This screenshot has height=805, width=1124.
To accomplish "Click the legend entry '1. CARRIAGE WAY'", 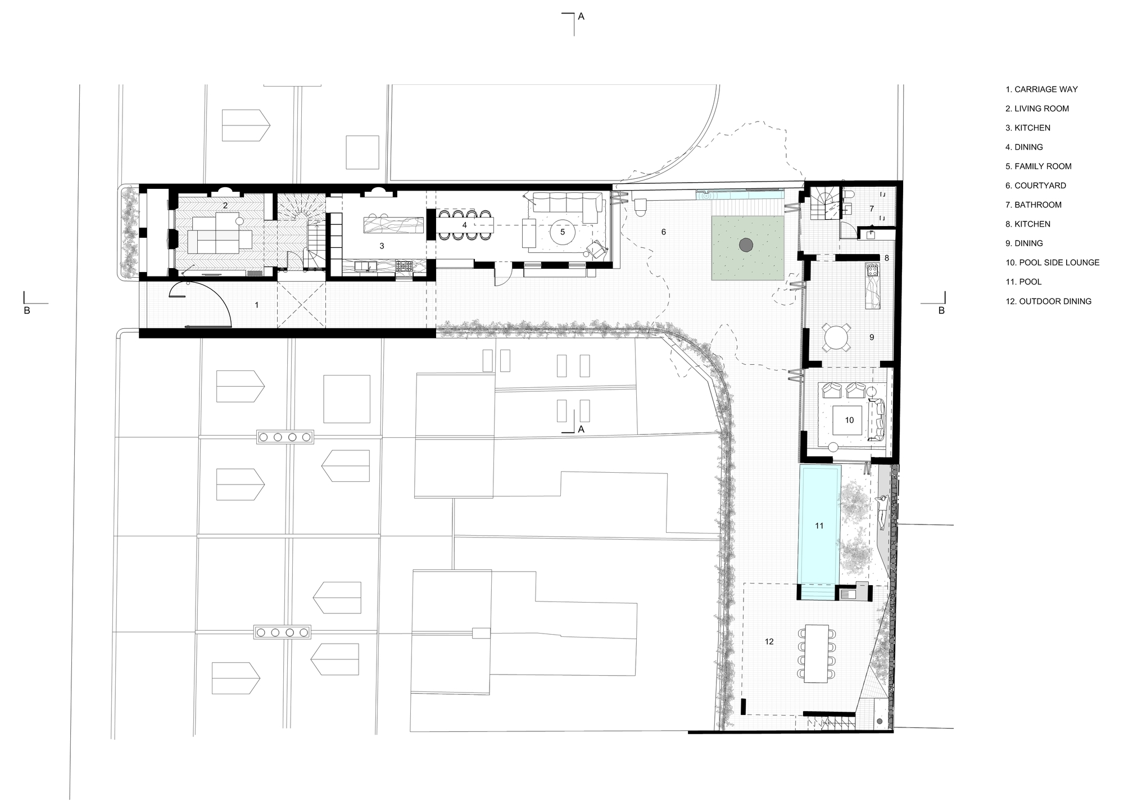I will [1041, 89].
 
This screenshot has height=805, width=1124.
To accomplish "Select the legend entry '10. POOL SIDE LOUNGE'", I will [1052, 263].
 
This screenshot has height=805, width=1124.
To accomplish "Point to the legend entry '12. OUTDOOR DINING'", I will [1048, 301].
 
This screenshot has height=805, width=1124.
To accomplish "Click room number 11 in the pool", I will [819, 526].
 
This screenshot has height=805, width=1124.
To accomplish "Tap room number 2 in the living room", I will [225, 206].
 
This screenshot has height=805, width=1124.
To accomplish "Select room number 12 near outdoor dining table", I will [769, 641].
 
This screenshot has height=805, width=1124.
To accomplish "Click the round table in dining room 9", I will [838, 337].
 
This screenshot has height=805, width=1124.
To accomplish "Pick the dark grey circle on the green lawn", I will [746, 245].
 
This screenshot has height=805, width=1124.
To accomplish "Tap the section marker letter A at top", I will [581, 17].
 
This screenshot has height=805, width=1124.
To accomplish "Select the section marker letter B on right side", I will [942, 310].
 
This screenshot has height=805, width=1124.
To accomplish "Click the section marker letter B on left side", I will [26, 310].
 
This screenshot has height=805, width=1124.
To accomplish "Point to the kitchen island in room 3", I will [393, 225].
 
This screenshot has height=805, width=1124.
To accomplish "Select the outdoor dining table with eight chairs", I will [816, 653].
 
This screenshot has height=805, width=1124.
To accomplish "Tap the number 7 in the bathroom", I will [872, 209].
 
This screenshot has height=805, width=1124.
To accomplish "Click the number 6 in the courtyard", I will [664, 232].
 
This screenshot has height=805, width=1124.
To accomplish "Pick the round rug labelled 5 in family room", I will [563, 232].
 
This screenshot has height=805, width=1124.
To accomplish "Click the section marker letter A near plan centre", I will [581, 429].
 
